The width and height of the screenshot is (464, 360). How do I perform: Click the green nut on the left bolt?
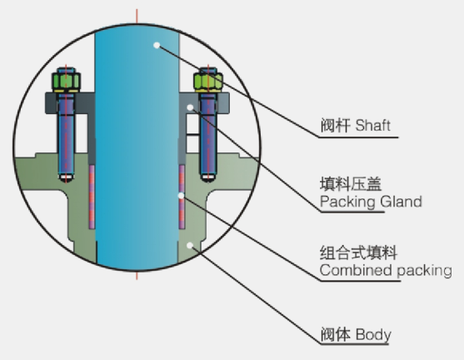click(66, 81)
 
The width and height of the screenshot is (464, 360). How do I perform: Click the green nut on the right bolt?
click(208, 81)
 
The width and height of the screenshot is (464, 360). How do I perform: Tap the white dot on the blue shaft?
click(157, 45)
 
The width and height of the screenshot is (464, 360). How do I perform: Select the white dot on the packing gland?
click(191, 107)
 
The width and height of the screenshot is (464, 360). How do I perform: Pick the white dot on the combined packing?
click(181, 195)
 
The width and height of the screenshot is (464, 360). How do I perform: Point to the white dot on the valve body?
click(190, 246)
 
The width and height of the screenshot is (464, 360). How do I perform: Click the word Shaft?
click(373, 125)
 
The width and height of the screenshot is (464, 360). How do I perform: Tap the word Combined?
click(357, 270)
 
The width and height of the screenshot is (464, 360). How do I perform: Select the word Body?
click(373, 334)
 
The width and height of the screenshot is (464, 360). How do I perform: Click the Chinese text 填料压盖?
click(351, 184)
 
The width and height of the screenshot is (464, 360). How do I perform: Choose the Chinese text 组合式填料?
click(358, 252)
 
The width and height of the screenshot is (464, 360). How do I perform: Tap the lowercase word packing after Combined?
click(424, 271)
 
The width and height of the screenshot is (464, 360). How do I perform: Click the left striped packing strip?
click(92, 197)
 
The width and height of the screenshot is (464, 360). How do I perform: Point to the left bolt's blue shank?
click(66, 133)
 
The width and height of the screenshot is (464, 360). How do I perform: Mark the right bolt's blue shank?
click(208, 134)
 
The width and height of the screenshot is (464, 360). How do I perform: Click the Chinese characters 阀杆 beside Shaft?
click(335, 125)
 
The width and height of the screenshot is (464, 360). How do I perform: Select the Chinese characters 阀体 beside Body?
click(336, 334)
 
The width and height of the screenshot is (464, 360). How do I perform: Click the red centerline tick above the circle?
click(137, 17)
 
